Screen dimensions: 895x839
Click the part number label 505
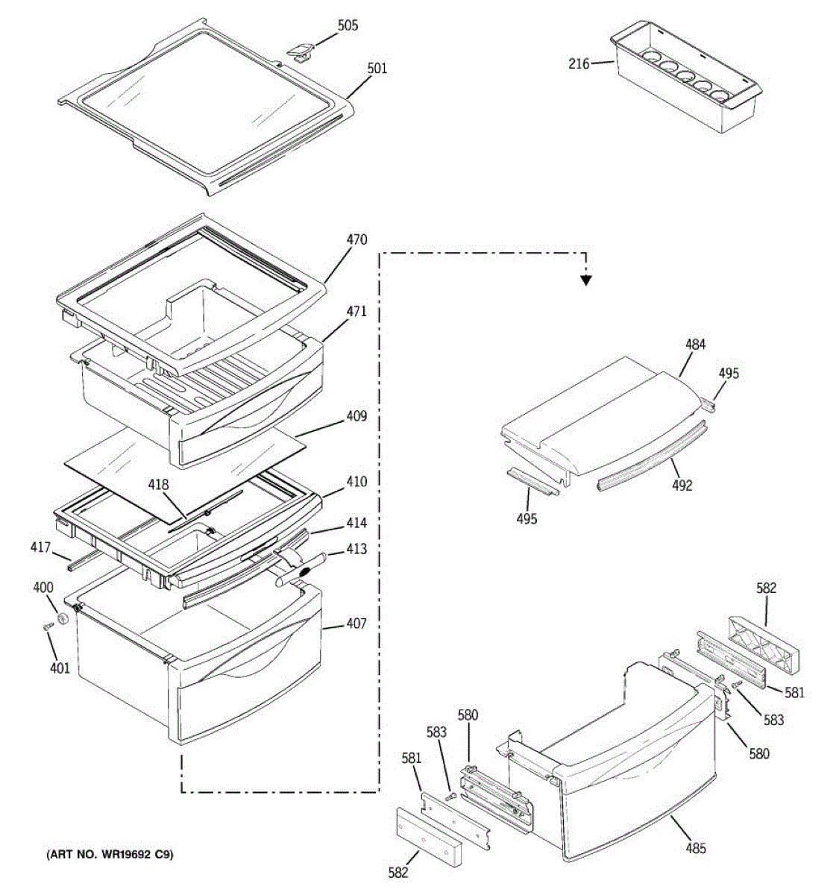coord(348,26)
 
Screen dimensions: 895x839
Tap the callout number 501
coord(377,69)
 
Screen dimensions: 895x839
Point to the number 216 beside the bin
coord(579,64)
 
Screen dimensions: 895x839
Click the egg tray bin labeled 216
coord(686,82)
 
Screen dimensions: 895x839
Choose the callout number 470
coord(356,240)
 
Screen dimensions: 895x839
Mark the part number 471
coord(356,312)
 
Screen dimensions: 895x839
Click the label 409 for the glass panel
coord(356,416)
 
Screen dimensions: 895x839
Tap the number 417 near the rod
coord(40,548)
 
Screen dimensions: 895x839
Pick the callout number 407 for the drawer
coord(356,624)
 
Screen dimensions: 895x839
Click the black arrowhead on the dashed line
coord(586,280)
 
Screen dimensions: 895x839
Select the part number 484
coord(696,345)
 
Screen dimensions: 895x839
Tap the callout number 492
coord(682,486)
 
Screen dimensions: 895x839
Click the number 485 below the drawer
coord(695,848)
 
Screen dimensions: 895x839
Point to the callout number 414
coord(356,524)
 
